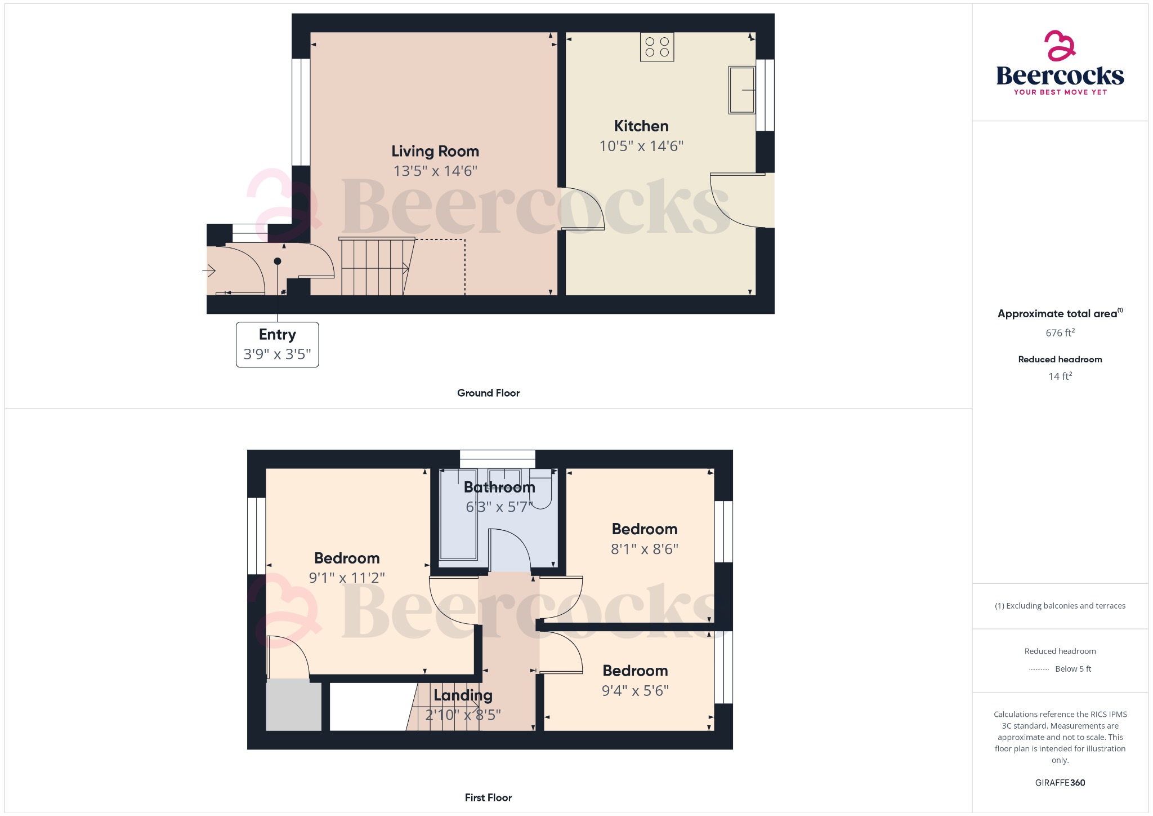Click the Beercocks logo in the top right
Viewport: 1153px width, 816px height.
point(1060,63)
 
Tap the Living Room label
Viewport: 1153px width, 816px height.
point(435,151)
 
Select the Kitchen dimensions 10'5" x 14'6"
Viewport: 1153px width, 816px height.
point(641,146)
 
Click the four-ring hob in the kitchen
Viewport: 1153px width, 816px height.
point(657,47)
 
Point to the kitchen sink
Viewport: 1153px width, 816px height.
point(741,90)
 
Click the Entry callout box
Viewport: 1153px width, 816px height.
point(278,344)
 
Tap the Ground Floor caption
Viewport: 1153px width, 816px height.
point(488,393)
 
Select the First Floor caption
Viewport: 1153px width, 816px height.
point(488,797)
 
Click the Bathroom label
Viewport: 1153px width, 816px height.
point(499,487)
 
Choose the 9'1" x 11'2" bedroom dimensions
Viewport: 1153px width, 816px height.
point(347,578)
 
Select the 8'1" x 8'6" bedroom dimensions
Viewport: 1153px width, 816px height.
point(645,549)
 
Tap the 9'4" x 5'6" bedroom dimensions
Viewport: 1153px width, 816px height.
point(636,690)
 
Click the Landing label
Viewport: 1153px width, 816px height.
point(463,695)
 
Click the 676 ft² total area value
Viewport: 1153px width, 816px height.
point(1060,333)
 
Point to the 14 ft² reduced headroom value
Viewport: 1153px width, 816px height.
point(1060,376)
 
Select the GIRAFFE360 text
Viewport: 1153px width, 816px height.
point(1060,783)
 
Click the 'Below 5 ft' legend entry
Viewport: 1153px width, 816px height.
point(1072,669)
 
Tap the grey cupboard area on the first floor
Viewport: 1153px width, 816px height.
point(293,706)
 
